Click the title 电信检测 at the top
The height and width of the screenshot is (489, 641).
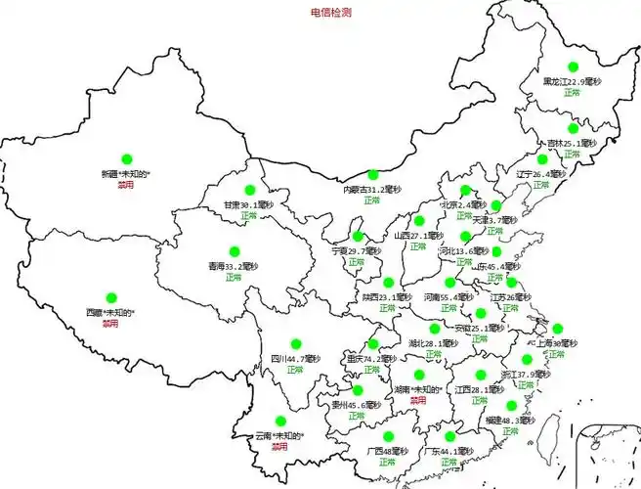point(331,13)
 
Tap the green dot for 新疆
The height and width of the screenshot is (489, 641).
point(126,158)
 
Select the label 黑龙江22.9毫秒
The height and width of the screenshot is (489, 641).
point(577,82)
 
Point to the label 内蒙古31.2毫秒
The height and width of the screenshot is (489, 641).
point(371,189)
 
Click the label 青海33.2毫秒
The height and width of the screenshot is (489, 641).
point(233,266)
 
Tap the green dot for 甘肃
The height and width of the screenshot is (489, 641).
point(249,190)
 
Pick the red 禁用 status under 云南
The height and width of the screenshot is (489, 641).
point(280,446)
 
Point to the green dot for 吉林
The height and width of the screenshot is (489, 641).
point(573,128)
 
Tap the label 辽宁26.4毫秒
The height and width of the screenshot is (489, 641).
point(541,174)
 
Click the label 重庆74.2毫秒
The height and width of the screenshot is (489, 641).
point(371,359)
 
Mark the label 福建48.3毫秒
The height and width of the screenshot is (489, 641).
point(509,421)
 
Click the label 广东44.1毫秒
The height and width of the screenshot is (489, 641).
point(449,452)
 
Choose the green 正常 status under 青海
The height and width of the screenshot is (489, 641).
point(233,278)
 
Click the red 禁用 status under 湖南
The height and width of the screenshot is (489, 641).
point(418,400)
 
